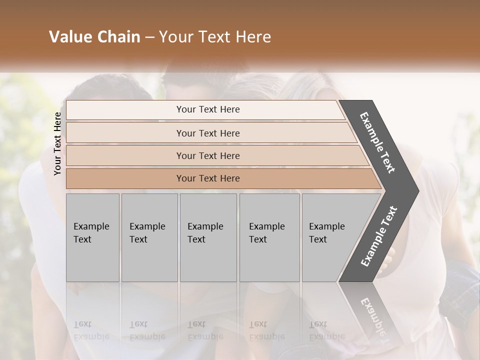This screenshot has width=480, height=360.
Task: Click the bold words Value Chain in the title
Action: coord(94,37)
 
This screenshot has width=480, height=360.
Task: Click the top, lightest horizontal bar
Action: coord(125,110)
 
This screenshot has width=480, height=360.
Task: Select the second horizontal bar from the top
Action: coord(125,133)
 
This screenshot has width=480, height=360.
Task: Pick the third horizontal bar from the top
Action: coord(125,156)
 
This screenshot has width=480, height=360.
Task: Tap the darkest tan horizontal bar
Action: coord(125,178)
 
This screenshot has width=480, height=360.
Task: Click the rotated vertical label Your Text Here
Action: coord(57,144)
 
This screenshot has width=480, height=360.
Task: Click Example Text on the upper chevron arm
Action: coord(378,142)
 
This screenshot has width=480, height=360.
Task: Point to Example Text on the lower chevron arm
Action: coord(379,236)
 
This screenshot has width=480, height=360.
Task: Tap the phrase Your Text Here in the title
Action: coord(215,37)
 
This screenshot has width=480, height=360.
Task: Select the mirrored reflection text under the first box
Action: coord(91,330)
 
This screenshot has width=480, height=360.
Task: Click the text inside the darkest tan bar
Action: coord(208,178)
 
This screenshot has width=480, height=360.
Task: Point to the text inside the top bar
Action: coord(208,109)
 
